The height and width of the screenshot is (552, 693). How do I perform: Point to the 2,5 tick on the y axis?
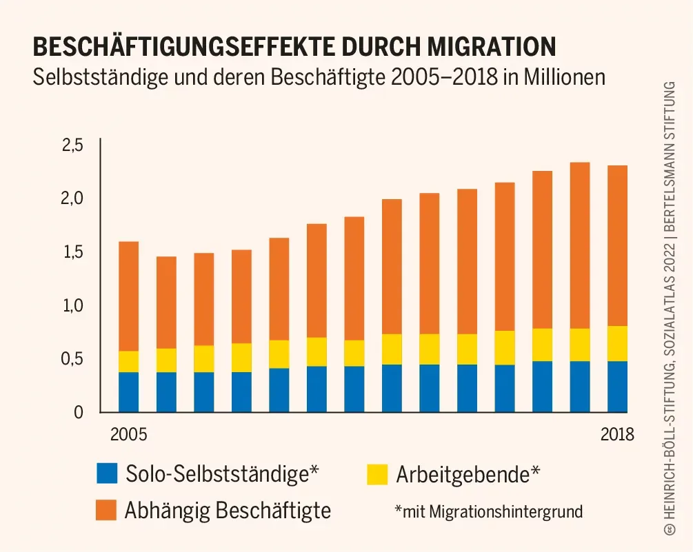(72, 145)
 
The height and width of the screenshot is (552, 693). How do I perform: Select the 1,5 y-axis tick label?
(72, 252)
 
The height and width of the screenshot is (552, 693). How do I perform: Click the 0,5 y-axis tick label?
(72, 358)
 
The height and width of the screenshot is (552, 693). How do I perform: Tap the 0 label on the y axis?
(78, 412)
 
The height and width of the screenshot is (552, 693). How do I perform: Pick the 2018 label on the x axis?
(616, 435)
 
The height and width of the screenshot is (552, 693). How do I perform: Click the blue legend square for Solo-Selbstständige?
(108, 474)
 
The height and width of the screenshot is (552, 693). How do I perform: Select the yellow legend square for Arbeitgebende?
(377, 474)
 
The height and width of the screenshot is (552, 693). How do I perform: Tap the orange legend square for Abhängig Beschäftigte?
(108, 510)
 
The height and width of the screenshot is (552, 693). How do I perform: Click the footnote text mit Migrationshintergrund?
(489, 511)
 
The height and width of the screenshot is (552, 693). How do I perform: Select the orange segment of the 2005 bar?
(128, 296)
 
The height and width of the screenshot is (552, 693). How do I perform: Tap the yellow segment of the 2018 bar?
(616, 343)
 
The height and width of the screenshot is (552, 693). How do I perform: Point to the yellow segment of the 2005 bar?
(128, 362)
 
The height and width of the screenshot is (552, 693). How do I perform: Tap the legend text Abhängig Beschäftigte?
(228, 511)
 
